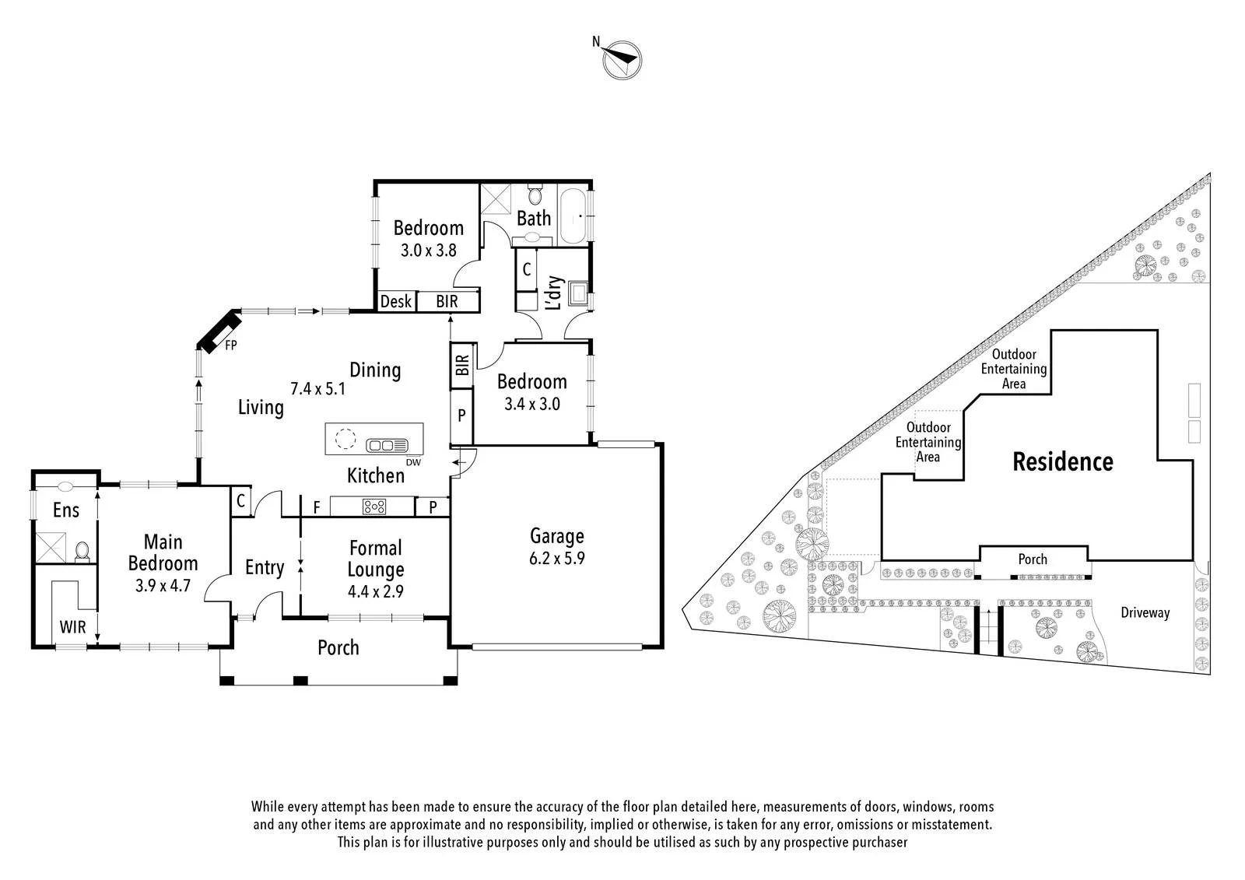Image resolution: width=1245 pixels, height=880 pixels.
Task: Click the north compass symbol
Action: [622, 59]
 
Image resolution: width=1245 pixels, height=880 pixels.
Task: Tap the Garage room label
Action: [557, 536]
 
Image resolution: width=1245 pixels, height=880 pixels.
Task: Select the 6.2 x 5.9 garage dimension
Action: [557, 558]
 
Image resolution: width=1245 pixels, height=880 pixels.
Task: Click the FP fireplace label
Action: [231, 345]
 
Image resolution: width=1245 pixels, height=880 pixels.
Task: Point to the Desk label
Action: [396, 301]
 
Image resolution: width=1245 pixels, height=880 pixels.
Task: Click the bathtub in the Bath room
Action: [573, 216]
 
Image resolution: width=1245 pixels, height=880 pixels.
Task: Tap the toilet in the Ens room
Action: [82, 552]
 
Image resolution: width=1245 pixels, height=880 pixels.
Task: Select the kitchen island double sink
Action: [387, 445]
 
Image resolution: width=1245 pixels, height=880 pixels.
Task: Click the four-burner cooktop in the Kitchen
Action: [374, 507]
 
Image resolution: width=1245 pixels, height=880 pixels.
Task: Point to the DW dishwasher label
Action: [413, 462]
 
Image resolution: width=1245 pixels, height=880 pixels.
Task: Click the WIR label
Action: [73, 627]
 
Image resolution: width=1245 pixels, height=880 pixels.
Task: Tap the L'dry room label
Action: [555, 293]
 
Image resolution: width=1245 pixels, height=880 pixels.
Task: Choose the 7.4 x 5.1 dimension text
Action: [318, 388]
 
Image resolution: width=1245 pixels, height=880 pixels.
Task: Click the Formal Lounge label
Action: [376, 559]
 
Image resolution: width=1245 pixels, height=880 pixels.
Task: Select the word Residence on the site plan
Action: [1063, 462]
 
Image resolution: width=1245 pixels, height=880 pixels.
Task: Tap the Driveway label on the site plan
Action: [1145, 612]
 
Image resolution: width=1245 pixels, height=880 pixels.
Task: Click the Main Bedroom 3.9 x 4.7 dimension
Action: [163, 585]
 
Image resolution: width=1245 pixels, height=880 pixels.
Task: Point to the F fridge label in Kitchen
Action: [317, 507]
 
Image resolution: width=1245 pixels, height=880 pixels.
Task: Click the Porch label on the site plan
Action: [1033, 559]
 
